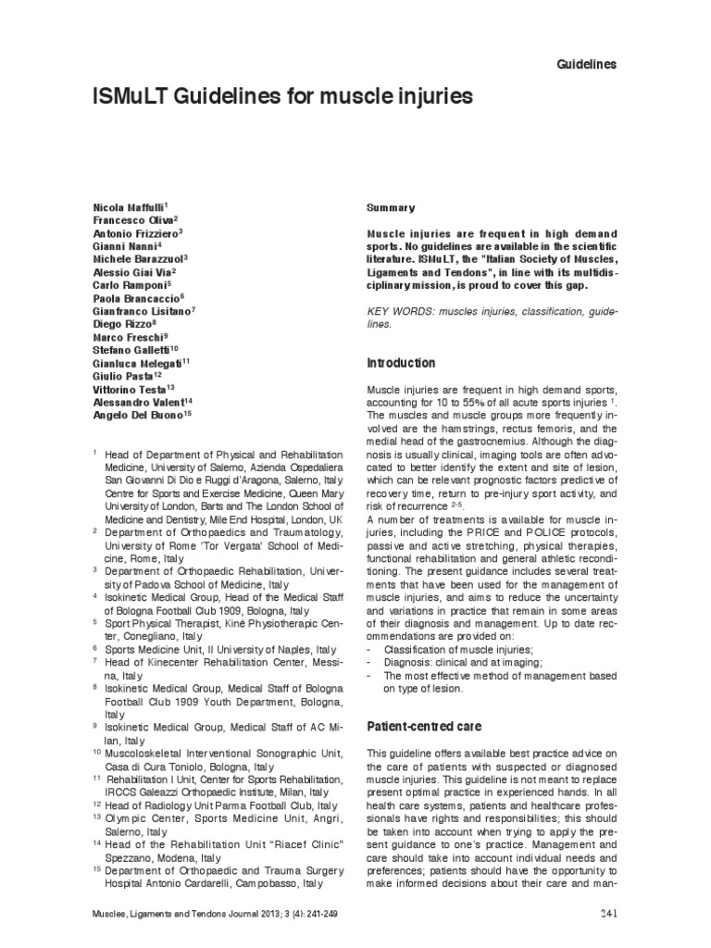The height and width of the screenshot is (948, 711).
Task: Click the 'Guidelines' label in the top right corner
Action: click(x=585, y=64)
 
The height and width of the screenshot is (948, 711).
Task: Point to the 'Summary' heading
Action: click(x=392, y=207)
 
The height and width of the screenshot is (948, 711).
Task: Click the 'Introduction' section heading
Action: click(x=401, y=363)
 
